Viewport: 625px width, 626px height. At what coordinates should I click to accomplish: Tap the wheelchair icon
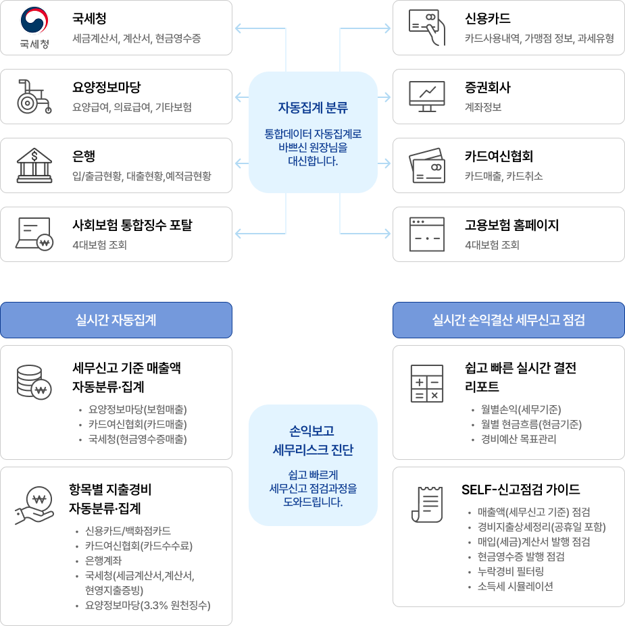point(34,96)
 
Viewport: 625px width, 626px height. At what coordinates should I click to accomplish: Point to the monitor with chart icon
point(427,97)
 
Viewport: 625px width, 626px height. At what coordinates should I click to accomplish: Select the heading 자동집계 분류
point(313,107)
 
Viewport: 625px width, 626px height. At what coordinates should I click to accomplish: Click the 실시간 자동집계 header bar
point(116,320)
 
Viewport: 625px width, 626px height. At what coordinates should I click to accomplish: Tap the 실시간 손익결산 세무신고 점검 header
point(508,320)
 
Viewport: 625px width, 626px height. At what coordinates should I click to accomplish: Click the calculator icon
point(427,383)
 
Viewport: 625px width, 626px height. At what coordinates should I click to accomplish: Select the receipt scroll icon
point(427,503)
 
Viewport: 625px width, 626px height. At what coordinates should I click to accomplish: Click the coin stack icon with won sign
point(34,383)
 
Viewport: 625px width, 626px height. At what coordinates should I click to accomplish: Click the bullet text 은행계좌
point(103,560)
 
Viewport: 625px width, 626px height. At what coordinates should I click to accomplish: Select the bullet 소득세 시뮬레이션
point(515,586)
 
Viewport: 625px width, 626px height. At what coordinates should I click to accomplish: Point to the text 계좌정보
point(482,107)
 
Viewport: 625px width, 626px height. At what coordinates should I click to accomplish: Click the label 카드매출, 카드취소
point(503,176)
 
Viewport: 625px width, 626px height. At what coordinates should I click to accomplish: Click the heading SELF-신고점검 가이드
point(520,490)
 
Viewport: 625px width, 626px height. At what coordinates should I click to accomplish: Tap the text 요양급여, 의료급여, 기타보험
point(132,107)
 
